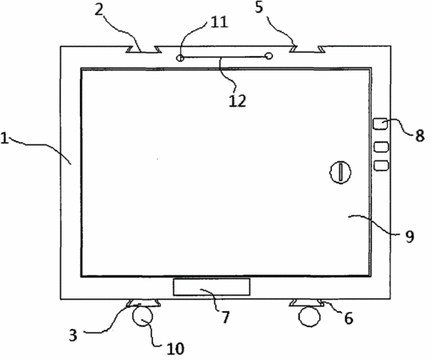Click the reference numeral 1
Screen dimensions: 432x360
pyautogui.click(x=5, y=138)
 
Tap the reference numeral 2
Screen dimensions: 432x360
pyautogui.click(x=100, y=10)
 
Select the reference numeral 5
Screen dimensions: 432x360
pyautogui.click(x=259, y=7)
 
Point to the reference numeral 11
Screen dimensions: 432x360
pyautogui.click(x=219, y=22)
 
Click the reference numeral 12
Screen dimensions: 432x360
pyautogui.click(x=238, y=101)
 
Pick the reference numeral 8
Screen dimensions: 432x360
pyautogui.click(x=420, y=135)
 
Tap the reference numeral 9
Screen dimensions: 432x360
pyautogui.click(x=410, y=236)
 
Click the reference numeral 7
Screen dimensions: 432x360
pyautogui.click(x=225, y=317)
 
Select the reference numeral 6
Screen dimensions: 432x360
pyautogui.click(x=348, y=318)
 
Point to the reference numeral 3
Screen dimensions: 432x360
pyautogui.click(x=73, y=335)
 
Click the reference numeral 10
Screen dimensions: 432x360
pyautogui.click(x=175, y=349)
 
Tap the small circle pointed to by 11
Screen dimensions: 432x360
pyautogui.click(x=180, y=58)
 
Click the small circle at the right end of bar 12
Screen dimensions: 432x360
pyautogui.click(x=269, y=56)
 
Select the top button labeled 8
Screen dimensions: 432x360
pyautogui.click(x=381, y=123)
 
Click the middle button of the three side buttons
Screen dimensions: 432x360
pyautogui.click(x=382, y=146)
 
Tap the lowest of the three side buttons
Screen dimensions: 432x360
pyautogui.click(x=382, y=166)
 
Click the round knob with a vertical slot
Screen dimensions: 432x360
pyautogui.click(x=341, y=172)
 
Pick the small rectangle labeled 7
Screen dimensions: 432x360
pyautogui.click(x=211, y=286)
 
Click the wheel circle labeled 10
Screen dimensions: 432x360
pyautogui.click(x=142, y=316)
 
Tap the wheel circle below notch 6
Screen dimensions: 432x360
pyautogui.click(x=310, y=317)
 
